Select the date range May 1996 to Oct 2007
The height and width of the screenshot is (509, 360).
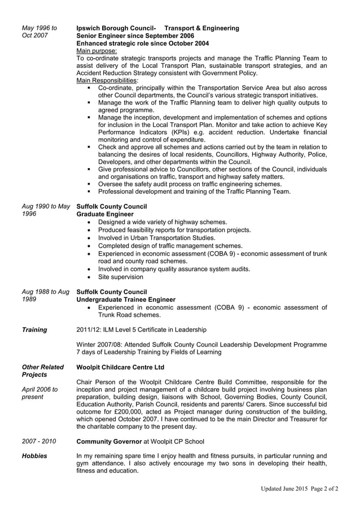click(x=39, y=32)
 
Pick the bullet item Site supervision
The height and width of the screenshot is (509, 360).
click(x=120, y=277)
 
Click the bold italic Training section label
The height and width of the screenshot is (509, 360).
click(x=34, y=330)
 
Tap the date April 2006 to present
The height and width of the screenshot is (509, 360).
click(x=39, y=393)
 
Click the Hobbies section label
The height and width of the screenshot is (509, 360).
click(x=34, y=455)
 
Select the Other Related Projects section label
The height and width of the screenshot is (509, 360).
click(x=42, y=371)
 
